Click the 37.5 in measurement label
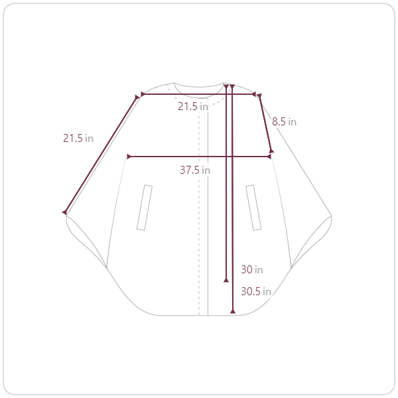click(x=195, y=170)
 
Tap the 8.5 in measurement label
click(x=284, y=121)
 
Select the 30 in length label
click(x=252, y=269)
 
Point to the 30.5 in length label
click(x=256, y=291)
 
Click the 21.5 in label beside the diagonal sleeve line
click(x=78, y=138)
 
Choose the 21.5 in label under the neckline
click(x=193, y=106)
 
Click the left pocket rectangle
click(x=145, y=208)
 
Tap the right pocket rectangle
click(x=253, y=208)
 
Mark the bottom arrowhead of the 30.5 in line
click(x=233, y=311)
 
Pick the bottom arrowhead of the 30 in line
click(x=226, y=280)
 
